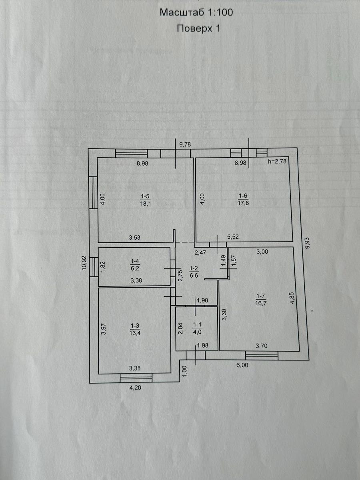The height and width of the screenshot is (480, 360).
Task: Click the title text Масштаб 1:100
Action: pos(196,12)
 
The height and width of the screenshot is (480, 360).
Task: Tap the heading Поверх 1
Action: pos(198,29)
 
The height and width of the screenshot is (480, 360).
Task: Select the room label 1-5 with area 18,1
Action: pos(146,200)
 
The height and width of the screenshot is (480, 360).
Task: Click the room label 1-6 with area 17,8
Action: pos(243,200)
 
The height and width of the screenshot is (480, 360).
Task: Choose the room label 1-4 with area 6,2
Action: pos(135,265)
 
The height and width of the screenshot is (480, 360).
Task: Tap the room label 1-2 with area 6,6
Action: pos(194,272)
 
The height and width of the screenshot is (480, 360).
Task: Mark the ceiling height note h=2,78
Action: pos(277,162)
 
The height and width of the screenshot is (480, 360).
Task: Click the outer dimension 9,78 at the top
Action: pos(185,144)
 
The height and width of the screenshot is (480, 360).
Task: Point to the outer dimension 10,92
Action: pos(84,263)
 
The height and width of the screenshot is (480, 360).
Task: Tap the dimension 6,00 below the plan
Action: pos(242,365)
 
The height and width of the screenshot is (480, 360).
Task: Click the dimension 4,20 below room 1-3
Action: pos(135,388)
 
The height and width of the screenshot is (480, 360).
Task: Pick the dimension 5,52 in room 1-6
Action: pos(233,237)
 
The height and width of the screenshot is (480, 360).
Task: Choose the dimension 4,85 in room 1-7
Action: pos(292,298)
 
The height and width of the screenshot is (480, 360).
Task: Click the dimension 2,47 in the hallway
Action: pos(200,252)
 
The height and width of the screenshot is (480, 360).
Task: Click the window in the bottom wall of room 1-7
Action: pos(262,355)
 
